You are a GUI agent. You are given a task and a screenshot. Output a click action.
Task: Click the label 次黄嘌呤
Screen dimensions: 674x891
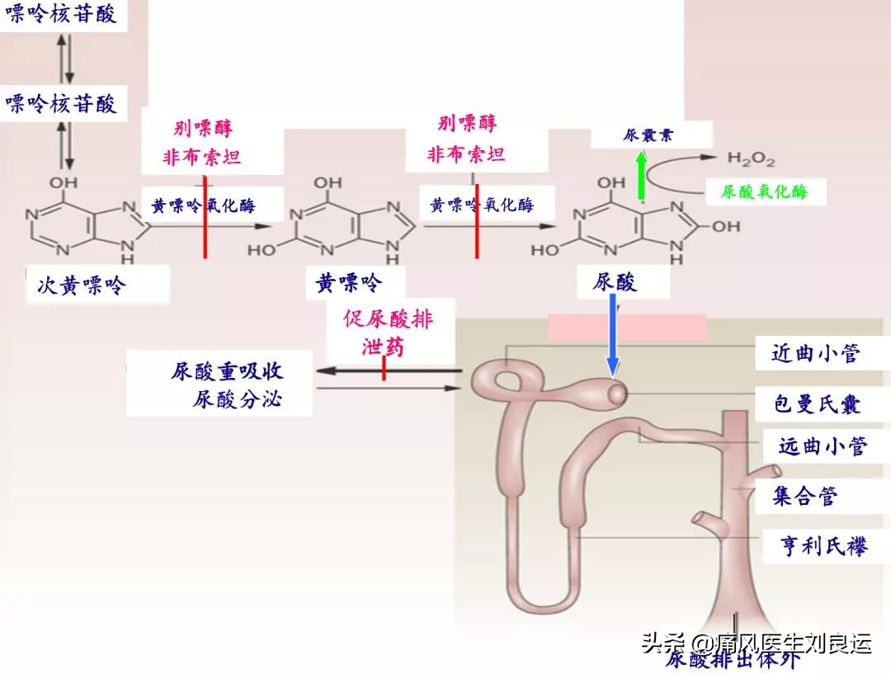(x=82, y=285)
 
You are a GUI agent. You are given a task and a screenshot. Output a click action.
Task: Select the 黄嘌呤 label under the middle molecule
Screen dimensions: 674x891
(x=349, y=284)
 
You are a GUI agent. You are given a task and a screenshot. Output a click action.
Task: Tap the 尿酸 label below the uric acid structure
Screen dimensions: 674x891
(x=615, y=283)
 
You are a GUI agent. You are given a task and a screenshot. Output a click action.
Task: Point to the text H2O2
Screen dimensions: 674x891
(x=750, y=158)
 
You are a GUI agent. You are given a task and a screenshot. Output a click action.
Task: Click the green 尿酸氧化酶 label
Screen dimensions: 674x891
(x=764, y=192)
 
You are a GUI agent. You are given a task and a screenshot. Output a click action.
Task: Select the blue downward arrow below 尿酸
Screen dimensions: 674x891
(x=612, y=335)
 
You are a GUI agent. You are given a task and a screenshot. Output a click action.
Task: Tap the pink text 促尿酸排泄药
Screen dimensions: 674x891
(x=387, y=332)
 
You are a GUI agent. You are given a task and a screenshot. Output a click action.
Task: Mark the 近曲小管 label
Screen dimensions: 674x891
(x=816, y=353)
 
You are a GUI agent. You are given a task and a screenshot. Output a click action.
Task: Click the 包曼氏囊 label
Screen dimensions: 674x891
(x=818, y=403)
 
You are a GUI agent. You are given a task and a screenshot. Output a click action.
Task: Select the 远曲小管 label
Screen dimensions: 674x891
(x=823, y=446)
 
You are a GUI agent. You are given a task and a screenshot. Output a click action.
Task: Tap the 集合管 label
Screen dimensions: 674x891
(x=804, y=496)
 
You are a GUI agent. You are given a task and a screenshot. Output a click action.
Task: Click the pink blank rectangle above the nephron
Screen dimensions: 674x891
(x=627, y=327)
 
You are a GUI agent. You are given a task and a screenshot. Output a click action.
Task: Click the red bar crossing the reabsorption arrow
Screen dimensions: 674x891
(x=384, y=371)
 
